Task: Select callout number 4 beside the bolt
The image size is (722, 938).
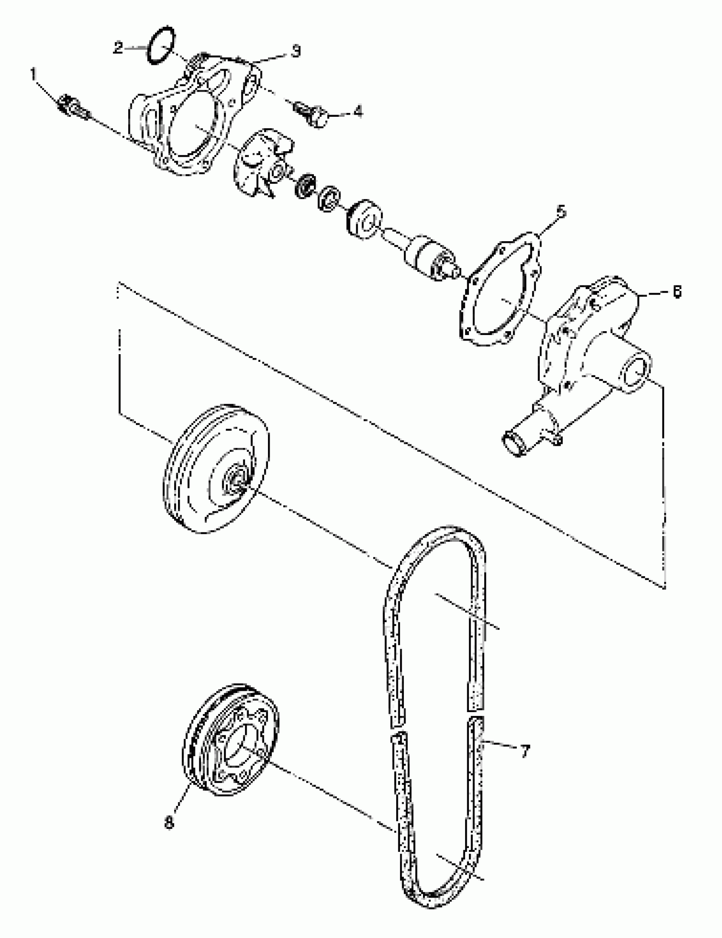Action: click(x=357, y=112)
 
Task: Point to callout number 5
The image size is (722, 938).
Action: click(x=561, y=212)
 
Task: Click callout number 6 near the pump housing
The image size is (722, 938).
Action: click(x=676, y=292)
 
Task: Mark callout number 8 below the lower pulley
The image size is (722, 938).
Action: click(x=169, y=823)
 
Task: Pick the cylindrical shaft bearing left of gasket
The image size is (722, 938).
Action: click(x=425, y=257)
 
